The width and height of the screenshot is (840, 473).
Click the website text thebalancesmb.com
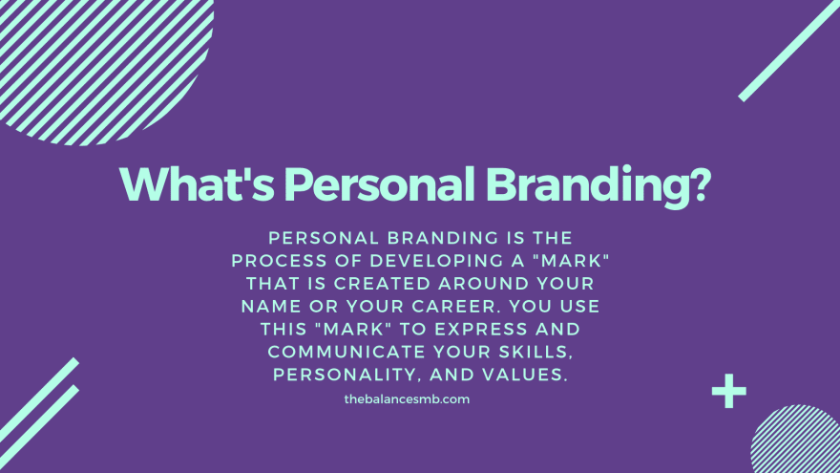pos(407,399)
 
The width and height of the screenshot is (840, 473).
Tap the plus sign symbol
pos(729,391)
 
